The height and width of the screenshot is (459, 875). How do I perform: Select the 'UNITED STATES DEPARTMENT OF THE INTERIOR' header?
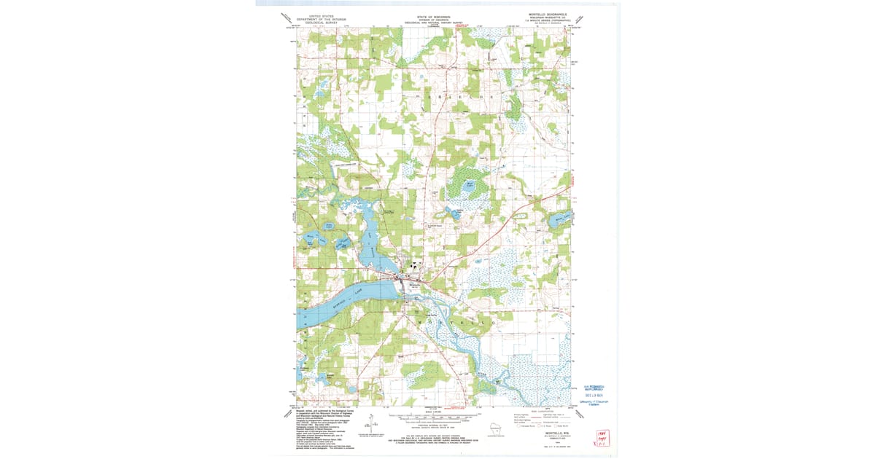(x=324, y=17)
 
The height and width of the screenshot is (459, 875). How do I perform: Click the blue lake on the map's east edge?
(x=561, y=219)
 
